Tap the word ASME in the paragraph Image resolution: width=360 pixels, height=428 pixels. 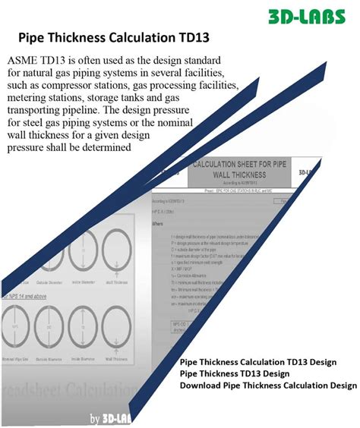[25, 60]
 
